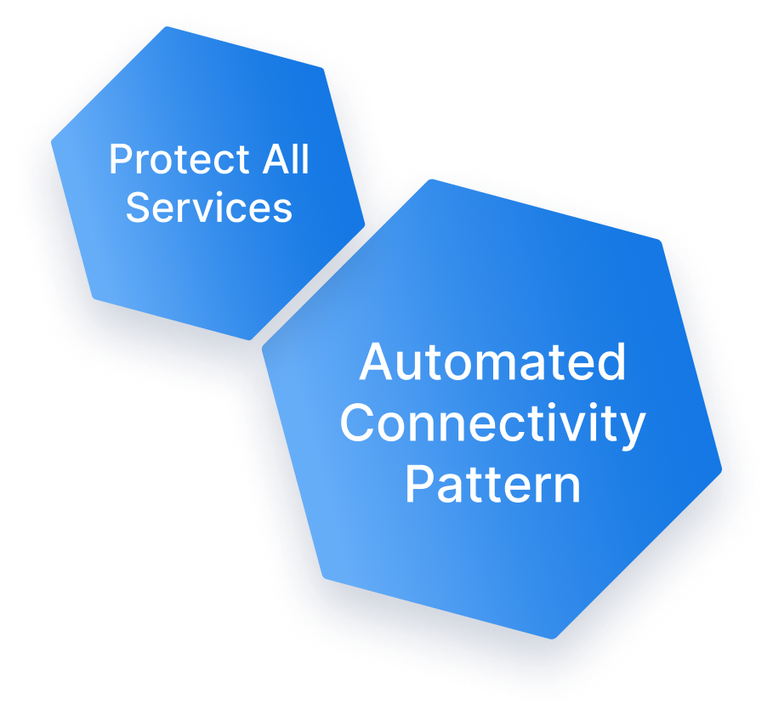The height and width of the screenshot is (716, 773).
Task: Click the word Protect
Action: (175, 160)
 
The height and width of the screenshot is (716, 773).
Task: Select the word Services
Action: (209, 207)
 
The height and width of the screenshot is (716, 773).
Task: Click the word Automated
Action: (492, 363)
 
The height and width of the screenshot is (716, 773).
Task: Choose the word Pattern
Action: (492, 485)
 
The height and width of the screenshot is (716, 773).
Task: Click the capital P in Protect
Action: (118, 160)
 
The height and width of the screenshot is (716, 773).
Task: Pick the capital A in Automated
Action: (374, 363)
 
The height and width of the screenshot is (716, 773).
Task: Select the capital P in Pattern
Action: (418, 485)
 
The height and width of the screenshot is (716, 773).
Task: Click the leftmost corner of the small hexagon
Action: (53, 143)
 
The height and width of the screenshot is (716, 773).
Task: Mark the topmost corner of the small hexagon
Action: (167, 28)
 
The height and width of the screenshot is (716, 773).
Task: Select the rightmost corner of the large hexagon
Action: (721, 469)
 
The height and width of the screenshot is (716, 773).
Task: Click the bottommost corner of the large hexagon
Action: (553, 638)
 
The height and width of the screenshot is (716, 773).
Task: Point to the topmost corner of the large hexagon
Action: (432, 179)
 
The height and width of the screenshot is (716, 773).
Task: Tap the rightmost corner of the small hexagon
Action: (365, 226)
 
